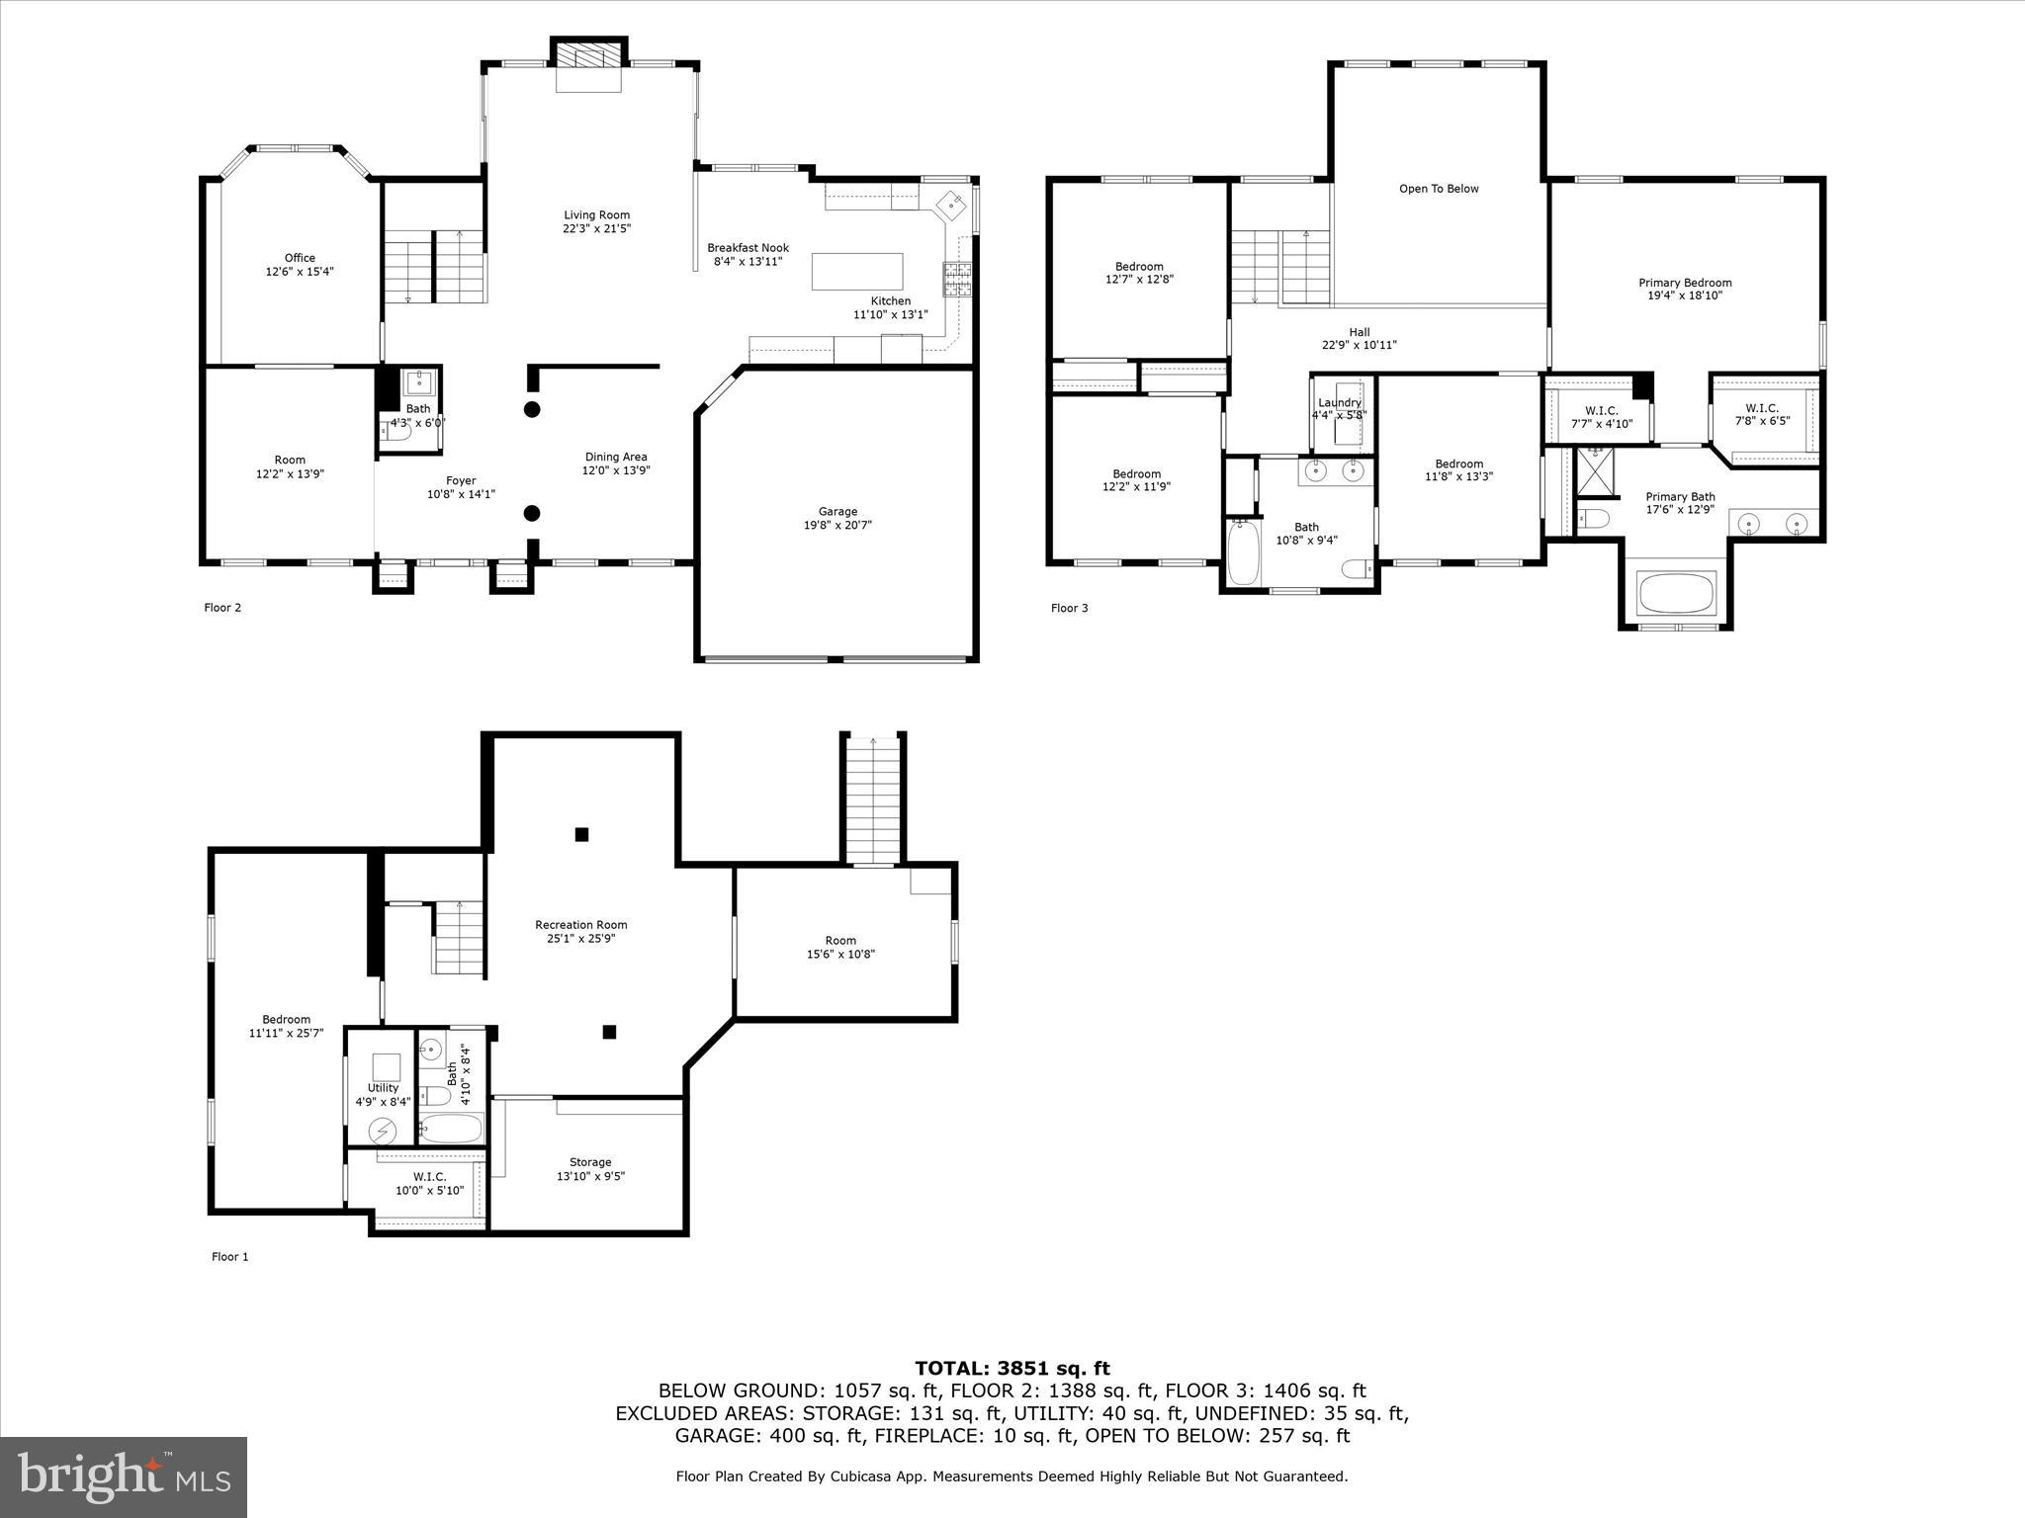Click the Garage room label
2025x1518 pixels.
836,511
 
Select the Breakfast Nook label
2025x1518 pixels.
748,248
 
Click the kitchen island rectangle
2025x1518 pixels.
857,271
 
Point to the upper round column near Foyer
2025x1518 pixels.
532,409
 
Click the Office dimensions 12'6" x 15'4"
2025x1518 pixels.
300,271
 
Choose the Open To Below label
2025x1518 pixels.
1438,189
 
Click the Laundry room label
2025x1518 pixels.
1339,402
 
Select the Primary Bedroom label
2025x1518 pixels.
1685,283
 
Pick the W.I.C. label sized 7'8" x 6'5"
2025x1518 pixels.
1762,407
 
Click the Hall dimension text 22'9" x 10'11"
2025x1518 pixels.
1360,345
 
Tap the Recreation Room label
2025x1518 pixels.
580,925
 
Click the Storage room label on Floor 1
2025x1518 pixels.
590,1162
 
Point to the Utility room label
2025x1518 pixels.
383,1088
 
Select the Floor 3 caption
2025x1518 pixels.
1069,608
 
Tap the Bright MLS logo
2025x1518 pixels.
124,1476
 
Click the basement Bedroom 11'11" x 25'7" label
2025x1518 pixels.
286,1020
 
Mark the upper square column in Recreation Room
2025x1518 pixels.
581,834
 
